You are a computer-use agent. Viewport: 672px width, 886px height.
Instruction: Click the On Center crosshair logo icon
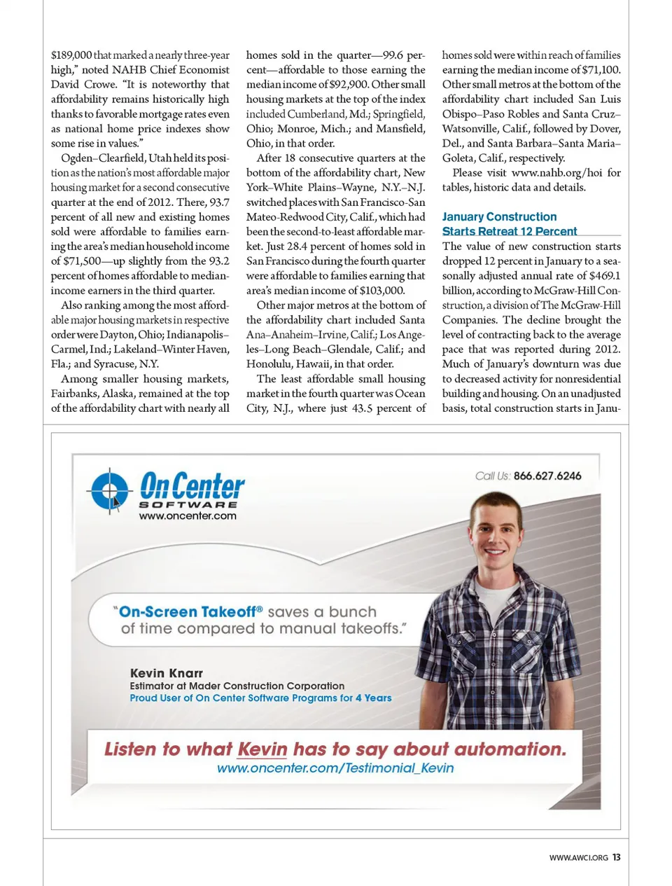coord(109,490)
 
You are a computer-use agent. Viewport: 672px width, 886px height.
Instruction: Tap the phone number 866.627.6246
coord(547,476)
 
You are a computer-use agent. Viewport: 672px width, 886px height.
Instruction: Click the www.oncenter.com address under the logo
coord(188,516)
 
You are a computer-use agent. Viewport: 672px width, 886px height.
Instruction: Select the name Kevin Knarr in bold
coord(167,673)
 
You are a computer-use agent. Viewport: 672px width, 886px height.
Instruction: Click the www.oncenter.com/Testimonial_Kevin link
coord(335,768)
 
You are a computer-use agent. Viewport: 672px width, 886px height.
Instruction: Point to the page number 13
coord(616,857)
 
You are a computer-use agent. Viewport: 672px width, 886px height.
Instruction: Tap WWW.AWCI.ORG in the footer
coord(578,857)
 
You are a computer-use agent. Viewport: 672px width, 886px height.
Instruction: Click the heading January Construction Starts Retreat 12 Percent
coord(509,224)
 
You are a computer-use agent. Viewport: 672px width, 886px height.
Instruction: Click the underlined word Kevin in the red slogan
coord(262,749)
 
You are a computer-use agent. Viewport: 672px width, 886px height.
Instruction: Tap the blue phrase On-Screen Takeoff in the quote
coord(188,611)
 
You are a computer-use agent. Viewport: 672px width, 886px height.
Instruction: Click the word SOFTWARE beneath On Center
coord(188,504)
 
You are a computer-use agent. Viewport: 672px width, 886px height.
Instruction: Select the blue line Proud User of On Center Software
coord(260,698)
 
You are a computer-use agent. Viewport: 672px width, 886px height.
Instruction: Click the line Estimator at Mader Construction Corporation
coord(237,686)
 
